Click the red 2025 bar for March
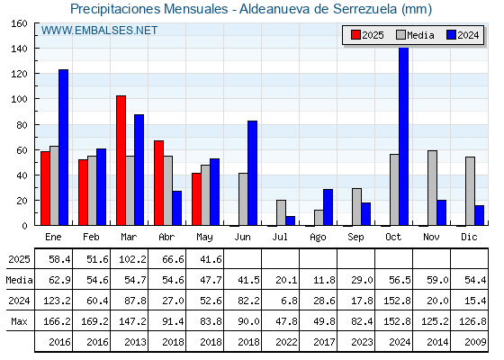[x=121, y=160]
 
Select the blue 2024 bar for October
[x=403, y=136]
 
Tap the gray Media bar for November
[x=432, y=188]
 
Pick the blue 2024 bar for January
[x=63, y=148]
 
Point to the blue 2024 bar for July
[x=290, y=220]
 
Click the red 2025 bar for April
[x=158, y=183]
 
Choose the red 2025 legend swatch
[x=355, y=35]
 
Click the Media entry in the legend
[x=415, y=35]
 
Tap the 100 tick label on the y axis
[x=19, y=99]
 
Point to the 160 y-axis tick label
[x=19, y=23]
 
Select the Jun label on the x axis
[x=242, y=238]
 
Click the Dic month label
[x=469, y=237]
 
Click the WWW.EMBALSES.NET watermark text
[x=99, y=31]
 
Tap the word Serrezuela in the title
[x=365, y=9]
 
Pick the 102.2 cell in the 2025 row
[x=132, y=259]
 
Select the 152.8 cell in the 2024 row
[x=397, y=301]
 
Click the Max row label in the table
[x=19, y=321]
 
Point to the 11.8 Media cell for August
[x=324, y=280]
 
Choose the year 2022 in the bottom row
[x=286, y=342]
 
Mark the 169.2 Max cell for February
[x=94, y=321]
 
